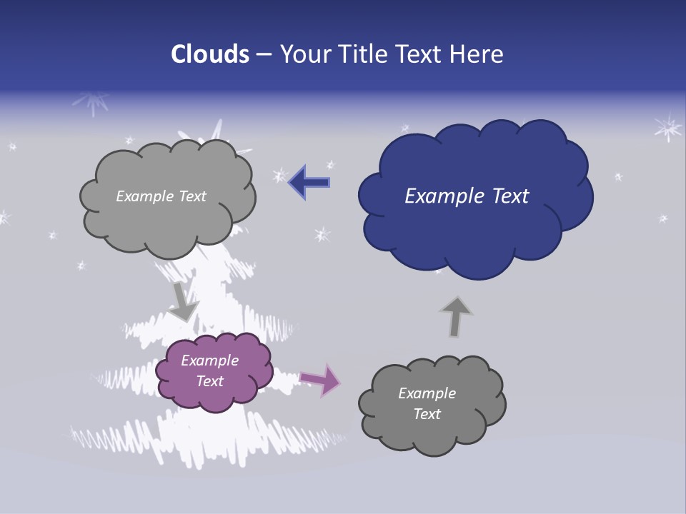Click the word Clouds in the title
point(210,54)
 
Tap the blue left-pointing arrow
point(309,182)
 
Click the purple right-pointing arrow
point(321,379)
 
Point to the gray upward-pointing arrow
point(455,316)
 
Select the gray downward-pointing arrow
point(183,301)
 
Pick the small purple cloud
point(214,371)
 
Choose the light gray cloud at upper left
point(166,197)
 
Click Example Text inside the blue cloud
point(467,196)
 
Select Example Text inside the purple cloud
point(210,371)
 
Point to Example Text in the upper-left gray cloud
point(161,196)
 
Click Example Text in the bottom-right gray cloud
point(427,403)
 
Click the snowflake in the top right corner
point(668,128)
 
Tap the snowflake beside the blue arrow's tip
point(279,176)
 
